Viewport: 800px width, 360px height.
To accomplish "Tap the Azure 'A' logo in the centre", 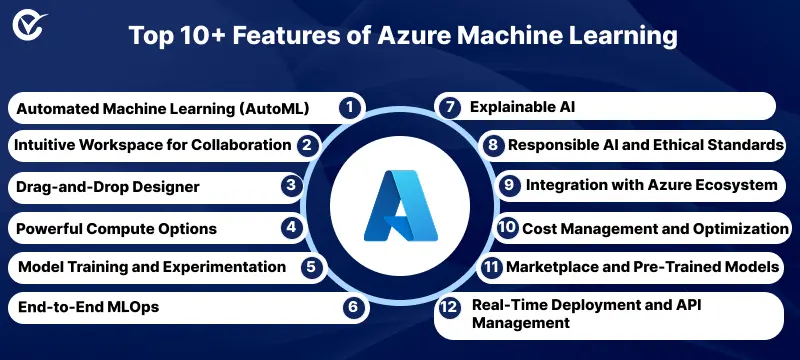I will pyautogui.click(x=400, y=207).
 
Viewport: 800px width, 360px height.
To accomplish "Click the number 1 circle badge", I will pyautogui.click(x=348, y=106).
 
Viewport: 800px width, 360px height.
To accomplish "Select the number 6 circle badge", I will pyautogui.click(x=350, y=308).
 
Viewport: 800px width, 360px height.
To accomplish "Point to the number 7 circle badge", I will pyautogui.click(x=451, y=105).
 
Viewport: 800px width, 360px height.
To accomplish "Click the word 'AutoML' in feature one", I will pyautogui.click(x=273, y=106).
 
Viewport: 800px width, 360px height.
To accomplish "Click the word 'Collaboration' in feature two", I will pyautogui.click(x=241, y=145).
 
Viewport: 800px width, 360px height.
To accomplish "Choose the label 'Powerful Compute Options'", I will pyautogui.click(x=116, y=228).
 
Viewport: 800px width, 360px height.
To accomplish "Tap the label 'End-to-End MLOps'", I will pyautogui.click(x=87, y=308).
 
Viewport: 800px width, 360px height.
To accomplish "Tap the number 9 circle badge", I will pyautogui.click(x=509, y=185).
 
